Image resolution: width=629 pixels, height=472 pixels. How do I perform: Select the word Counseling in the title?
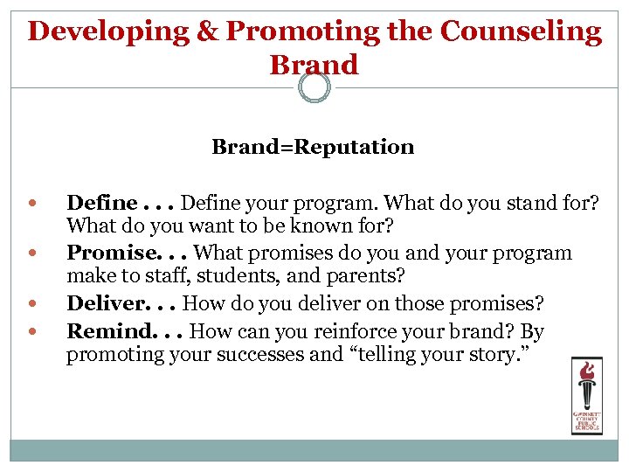[522, 32]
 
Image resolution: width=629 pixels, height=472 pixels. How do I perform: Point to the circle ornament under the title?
[314, 87]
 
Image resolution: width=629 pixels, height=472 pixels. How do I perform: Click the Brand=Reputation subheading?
[313, 147]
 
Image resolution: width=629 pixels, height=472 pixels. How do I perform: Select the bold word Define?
[102, 203]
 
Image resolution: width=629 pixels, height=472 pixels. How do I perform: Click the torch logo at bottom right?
[586, 396]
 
